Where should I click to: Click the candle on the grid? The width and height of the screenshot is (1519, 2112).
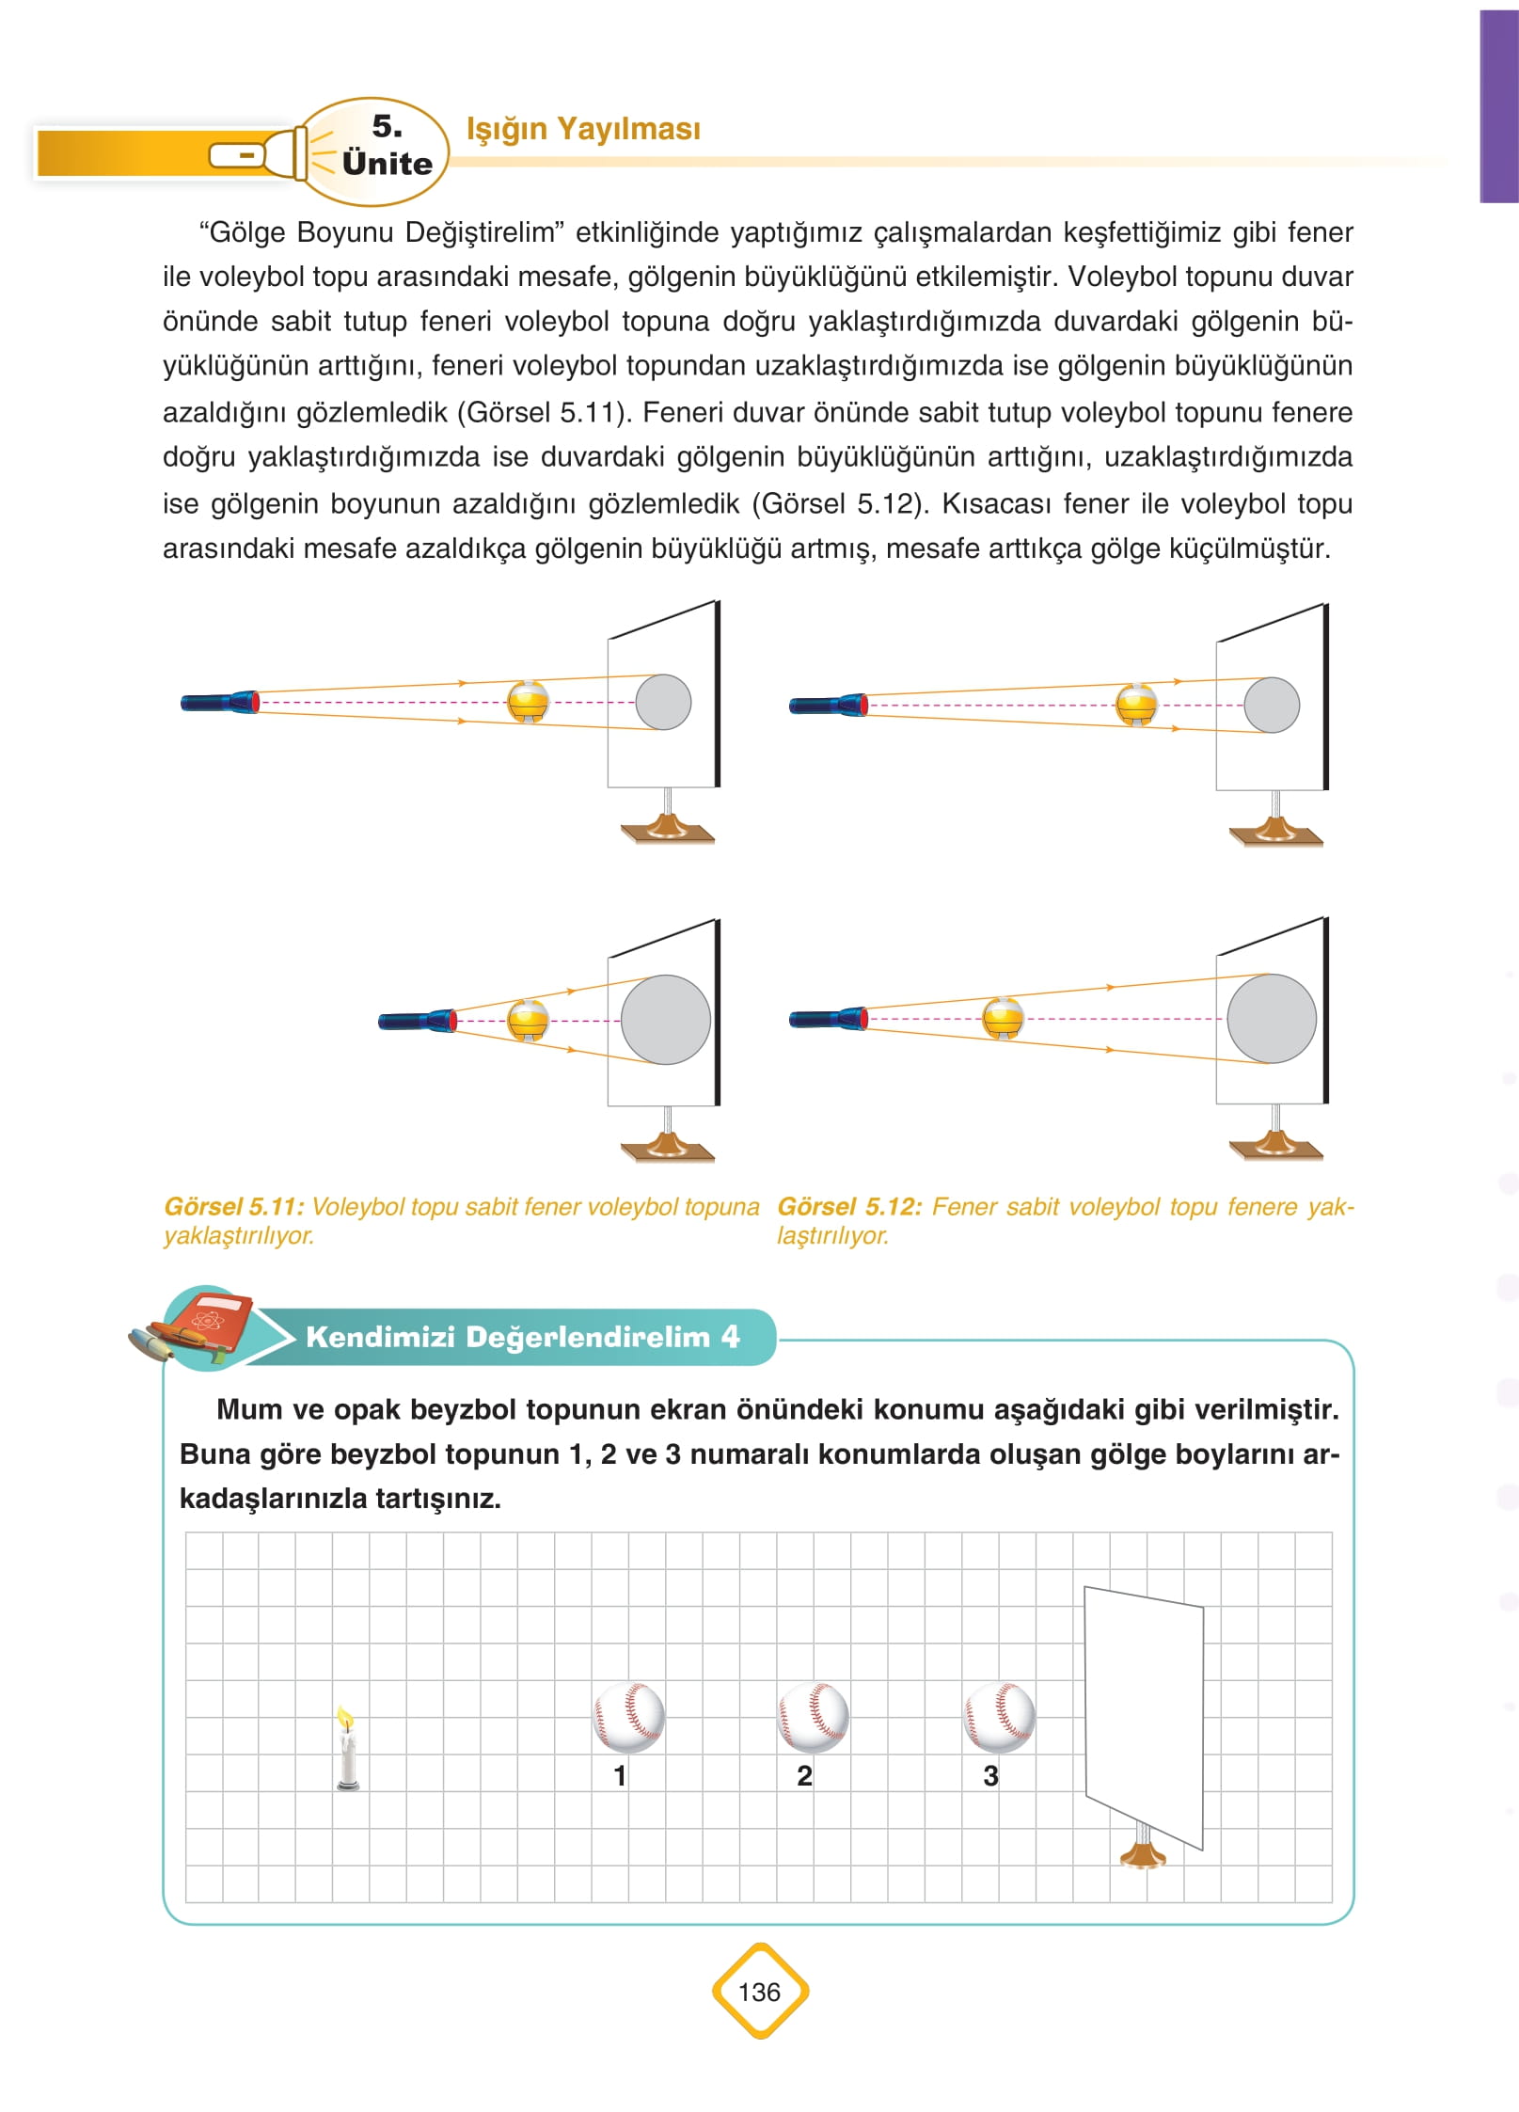[x=347, y=1749]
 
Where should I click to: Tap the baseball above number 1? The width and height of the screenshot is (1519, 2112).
[x=628, y=1717]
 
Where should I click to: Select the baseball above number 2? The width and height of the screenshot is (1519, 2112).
[x=814, y=1717]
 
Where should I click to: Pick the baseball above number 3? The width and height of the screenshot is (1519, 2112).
[x=999, y=1717]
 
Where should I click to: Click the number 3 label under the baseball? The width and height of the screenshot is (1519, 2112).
[x=990, y=1776]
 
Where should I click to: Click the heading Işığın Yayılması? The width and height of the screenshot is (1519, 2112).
[x=583, y=129]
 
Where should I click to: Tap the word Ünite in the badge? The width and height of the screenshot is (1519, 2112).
[x=387, y=164]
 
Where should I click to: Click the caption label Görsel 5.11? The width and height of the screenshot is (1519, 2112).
[x=233, y=1207]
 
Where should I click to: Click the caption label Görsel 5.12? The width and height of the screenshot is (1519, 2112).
[x=848, y=1207]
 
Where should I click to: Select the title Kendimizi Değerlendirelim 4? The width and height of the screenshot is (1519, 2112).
[x=522, y=1337]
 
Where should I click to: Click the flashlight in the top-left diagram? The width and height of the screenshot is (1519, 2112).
[x=219, y=702]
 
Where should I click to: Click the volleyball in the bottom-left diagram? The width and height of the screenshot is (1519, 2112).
[x=528, y=1021]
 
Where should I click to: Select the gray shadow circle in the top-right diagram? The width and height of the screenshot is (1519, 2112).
[x=1272, y=705]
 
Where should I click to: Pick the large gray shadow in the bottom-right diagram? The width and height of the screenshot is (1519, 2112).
[x=1271, y=1019]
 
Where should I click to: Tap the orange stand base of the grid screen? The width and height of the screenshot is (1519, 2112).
[x=1143, y=1856]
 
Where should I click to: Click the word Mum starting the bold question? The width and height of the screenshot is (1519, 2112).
[x=248, y=1409]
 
